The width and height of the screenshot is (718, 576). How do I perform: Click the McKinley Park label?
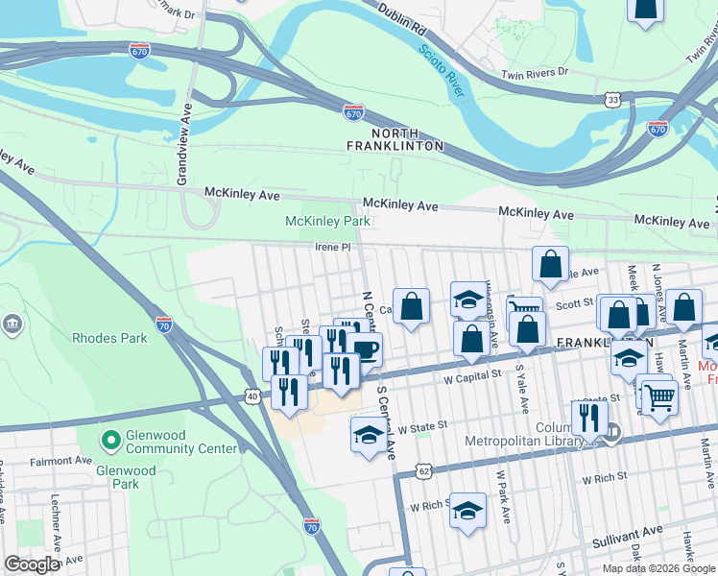(x=327, y=222)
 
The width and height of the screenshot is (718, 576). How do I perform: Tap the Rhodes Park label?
(x=109, y=338)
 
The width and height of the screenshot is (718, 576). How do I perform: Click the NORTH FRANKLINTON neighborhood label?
(x=395, y=139)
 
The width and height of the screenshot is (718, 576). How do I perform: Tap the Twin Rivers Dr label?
(x=535, y=73)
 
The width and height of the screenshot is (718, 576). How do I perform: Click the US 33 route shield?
(x=612, y=99)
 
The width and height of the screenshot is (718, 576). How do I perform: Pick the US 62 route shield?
(x=423, y=470)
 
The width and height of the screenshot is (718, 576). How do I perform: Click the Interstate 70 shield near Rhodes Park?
(x=163, y=324)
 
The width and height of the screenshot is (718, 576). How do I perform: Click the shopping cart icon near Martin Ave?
(x=658, y=396)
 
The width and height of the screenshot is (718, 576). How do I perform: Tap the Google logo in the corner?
(x=32, y=564)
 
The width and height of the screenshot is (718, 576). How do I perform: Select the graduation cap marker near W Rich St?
(x=467, y=511)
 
